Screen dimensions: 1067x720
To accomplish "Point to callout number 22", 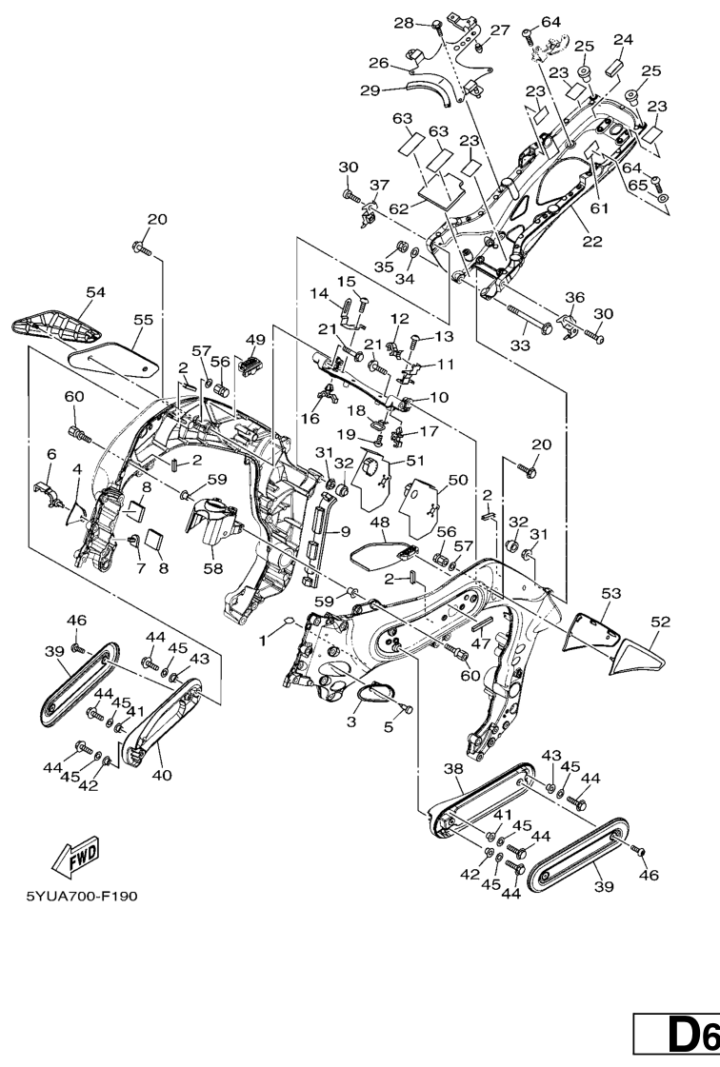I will click(592, 242).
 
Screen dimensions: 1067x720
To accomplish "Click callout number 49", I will click(255, 340).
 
